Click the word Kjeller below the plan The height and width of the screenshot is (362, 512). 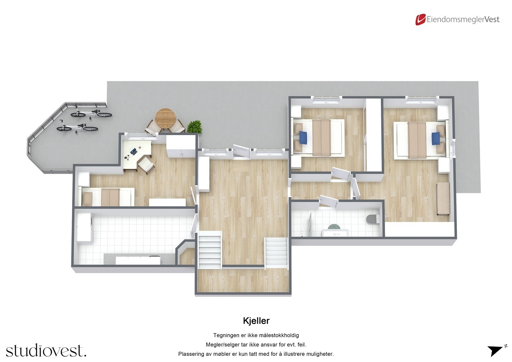tap(256, 321)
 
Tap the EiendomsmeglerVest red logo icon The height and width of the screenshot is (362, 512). tap(420, 20)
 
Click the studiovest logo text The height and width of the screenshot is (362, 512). tap(46, 351)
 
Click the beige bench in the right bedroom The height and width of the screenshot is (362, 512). tap(444, 198)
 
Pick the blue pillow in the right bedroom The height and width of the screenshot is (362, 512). tap(436, 139)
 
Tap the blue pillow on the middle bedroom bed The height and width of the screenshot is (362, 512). tap(304, 138)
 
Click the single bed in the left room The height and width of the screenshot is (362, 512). tap(108, 197)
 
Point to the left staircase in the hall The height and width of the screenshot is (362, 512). tap(210, 250)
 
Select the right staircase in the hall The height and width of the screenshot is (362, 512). tap(276, 253)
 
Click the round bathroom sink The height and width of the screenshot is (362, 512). tap(334, 227)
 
